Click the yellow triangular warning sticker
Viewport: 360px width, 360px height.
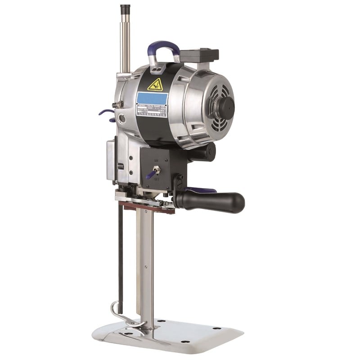[x=155, y=84]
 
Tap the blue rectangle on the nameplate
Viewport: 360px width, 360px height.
[x=152, y=98]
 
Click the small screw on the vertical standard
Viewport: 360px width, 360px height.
[x=146, y=267]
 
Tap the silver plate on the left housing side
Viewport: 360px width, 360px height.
[x=110, y=159]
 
